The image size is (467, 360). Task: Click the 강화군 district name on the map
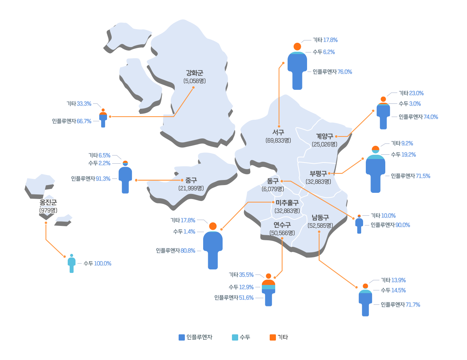pyautogui.click(x=194, y=73)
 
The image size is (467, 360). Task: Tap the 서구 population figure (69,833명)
pyautogui.click(x=278, y=140)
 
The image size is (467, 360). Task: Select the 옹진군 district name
pyautogui.click(x=48, y=202)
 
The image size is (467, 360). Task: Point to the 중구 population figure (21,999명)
pyautogui.click(x=191, y=188)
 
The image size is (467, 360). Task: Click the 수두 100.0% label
pyautogui.click(x=97, y=264)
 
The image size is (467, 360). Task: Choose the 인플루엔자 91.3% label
pyautogui.click(x=91, y=178)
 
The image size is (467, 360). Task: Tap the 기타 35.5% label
pyautogui.click(x=241, y=275)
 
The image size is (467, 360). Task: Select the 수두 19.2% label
pyautogui.click(x=403, y=155)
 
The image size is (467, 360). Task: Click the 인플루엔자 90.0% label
pyautogui.click(x=390, y=225)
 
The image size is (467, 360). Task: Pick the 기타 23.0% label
pyautogui.click(x=411, y=93)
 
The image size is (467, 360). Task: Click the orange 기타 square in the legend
pyautogui.click(x=272, y=337)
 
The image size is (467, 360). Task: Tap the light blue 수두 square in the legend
pyautogui.click(x=235, y=337)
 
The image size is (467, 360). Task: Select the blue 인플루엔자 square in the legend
pyautogui.click(x=182, y=337)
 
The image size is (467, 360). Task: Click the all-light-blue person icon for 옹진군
pyautogui.click(x=72, y=264)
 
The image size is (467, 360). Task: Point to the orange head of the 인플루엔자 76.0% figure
pyautogui.click(x=297, y=47)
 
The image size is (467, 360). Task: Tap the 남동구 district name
pyautogui.click(x=320, y=218)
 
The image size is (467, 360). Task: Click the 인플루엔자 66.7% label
pyautogui.click(x=72, y=121)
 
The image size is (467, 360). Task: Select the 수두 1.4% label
pyautogui.click(x=184, y=232)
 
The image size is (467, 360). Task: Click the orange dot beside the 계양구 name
pyautogui.click(x=336, y=136)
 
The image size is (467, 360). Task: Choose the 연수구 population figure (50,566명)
pyautogui.click(x=282, y=233)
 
